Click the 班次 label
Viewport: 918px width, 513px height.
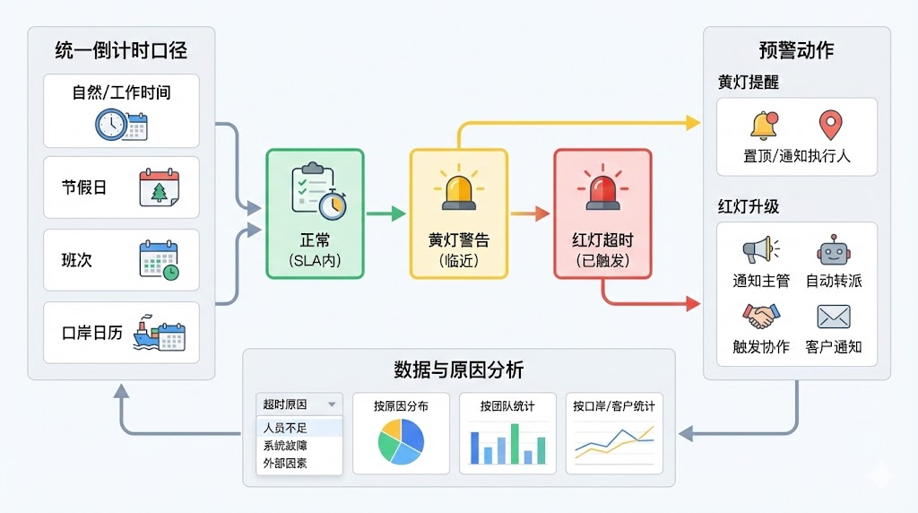pos(77,260)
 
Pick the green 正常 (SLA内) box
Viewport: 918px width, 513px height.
pos(315,213)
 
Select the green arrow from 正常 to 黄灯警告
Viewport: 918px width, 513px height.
pos(386,213)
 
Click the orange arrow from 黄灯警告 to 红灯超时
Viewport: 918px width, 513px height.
pos(530,213)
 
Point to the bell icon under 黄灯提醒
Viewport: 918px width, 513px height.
pos(764,126)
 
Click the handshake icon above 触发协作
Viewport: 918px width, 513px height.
pos(761,315)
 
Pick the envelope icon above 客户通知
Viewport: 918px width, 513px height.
pos(834,316)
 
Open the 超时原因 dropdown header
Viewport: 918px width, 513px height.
pos(299,404)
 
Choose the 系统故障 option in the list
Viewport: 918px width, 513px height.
pos(284,446)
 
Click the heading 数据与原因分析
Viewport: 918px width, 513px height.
pos(458,370)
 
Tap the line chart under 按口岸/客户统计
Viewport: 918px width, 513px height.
pos(614,441)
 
